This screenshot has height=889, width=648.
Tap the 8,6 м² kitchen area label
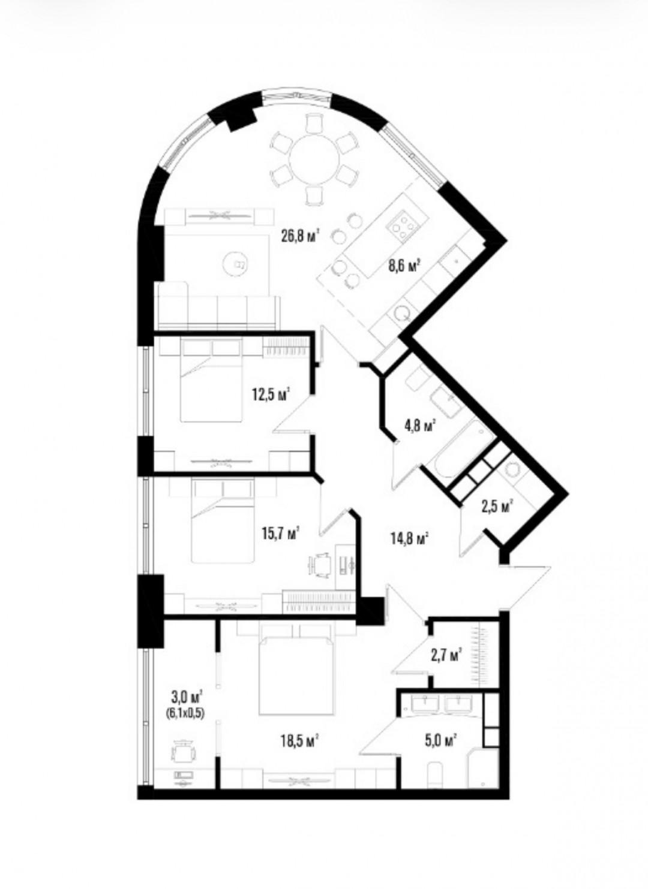click(404, 266)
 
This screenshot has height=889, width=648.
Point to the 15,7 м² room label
click(280, 535)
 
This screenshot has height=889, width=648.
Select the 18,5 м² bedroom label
click(301, 740)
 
